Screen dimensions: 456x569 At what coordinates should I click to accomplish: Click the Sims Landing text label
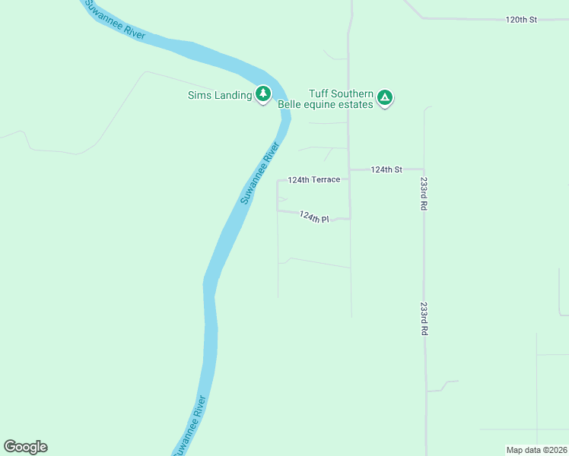pyautogui.click(x=219, y=95)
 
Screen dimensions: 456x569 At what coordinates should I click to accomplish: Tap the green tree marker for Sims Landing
pyautogui.click(x=263, y=94)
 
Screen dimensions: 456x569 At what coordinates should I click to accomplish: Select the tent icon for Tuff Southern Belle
pyautogui.click(x=385, y=97)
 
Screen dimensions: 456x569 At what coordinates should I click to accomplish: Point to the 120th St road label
pyautogui.click(x=521, y=19)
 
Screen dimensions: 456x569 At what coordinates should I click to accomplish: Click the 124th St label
pyautogui.click(x=386, y=170)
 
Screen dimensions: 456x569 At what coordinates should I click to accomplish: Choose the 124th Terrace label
pyautogui.click(x=313, y=180)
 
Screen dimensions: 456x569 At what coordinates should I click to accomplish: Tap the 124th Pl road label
pyautogui.click(x=313, y=217)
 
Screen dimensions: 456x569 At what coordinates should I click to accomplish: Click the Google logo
pyautogui.click(x=25, y=447)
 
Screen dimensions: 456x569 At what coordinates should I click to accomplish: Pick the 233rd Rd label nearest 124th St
pyautogui.click(x=424, y=195)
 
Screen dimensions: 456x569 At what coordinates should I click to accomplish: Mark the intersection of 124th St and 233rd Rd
pyautogui.click(x=424, y=169)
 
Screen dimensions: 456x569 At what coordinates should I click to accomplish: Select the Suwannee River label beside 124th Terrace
pyautogui.click(x=260, y=173)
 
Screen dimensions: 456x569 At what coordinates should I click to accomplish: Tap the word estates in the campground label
pyautogui.click(x=357, y=104)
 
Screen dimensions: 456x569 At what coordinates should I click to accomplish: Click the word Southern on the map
pyautogui.click(x=352, y=93)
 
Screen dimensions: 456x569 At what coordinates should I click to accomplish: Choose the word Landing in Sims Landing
pyautogui.click(x=232, y=95)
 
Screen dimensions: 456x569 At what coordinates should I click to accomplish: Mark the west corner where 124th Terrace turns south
pyautogui.click(x=277, y=181)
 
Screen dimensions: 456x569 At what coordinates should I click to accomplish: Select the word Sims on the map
pyautogui.click(x=199, y=95)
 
